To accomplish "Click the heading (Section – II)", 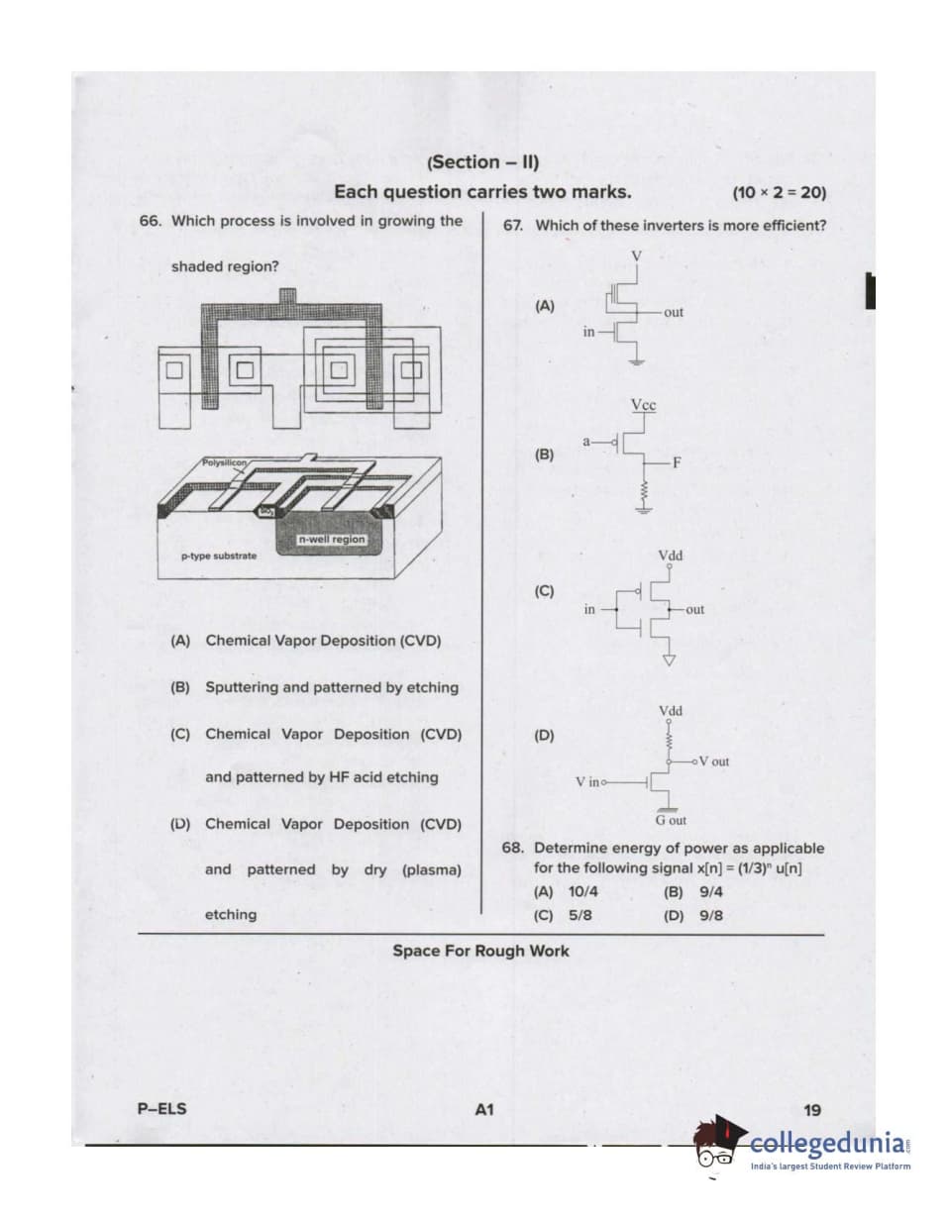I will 481,162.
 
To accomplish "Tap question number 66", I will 151,221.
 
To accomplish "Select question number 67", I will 513,226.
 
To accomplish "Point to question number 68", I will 513,849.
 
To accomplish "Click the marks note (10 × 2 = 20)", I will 779,193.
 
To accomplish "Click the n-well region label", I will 332,540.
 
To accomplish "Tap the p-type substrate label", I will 218,557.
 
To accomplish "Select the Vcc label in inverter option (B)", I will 643,406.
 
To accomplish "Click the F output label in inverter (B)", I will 678,462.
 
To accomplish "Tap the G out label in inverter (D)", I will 671,821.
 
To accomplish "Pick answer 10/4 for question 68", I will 579,891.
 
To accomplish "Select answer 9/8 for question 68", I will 710,916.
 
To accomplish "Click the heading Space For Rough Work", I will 480,952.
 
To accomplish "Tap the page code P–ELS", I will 161,1109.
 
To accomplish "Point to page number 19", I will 812,1111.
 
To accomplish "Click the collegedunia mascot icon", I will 718,1145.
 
